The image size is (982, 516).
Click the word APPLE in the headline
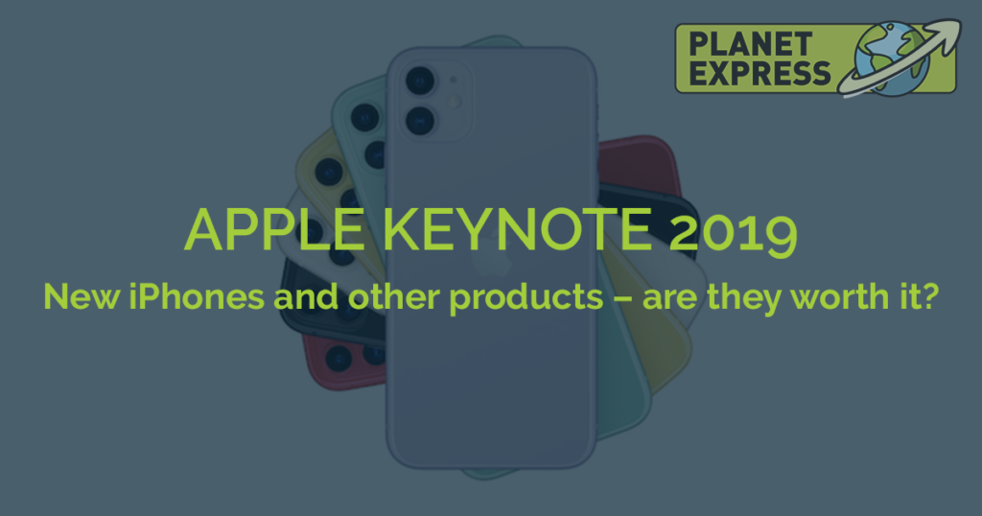(x=273, y=230)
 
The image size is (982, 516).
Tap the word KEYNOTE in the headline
(x=517, y=230)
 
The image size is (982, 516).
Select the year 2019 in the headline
(x=733, y=233)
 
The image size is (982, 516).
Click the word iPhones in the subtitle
(x=197, y=296)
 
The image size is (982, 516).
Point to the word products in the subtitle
(x=526, y=297)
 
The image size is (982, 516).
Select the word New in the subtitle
(x=81, y=296)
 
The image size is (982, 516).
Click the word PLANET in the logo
(x=750, y=45)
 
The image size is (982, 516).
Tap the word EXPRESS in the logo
(x=760, y=73)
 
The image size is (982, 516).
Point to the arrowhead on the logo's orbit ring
(x=945, y=33)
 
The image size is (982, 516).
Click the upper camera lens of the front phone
(x=420, y=81)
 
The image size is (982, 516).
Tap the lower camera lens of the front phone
(x=420, y=120)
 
